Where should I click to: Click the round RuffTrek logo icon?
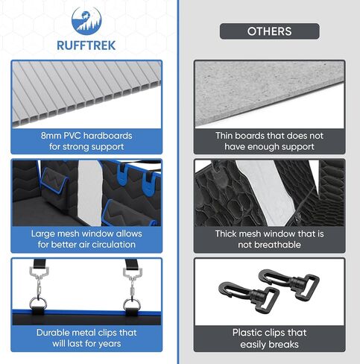pyautogui.click(x=86, y=21)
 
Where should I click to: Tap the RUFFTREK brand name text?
pyautogui.click(x=86, y=45)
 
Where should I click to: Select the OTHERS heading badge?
pyautogui.click(x=270, y=31)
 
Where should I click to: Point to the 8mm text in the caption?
pyautogui.click(x=51, y=136)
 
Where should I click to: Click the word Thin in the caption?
pyautogui.click(x=224, y=136)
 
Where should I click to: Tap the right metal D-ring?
pyautogui.click(x=132, y=304)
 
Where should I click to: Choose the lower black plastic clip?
pyautogui.click(x=249, y=295)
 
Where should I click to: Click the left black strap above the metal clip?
pyautogui.click(x=40, y=263)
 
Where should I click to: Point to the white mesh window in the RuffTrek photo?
pyautogui.click(x=89, y=192)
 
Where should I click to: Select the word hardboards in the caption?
pyautogui.click(x=108, y=136)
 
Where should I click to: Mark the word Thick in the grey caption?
pyautogui.click(x=225, y=233)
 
